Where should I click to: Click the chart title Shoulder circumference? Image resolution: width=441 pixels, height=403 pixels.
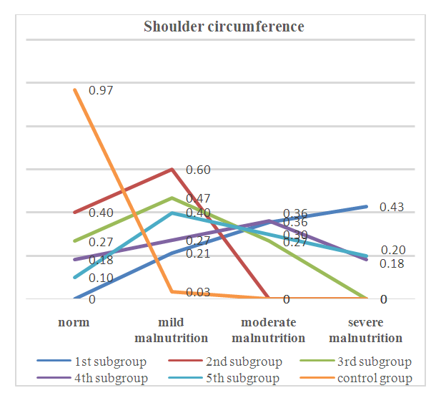(224, 27)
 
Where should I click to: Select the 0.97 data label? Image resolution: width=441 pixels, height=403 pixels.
(101, 91)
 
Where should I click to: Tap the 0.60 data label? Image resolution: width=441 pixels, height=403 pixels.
(198, 170)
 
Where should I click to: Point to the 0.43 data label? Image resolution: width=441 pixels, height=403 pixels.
(392, 208)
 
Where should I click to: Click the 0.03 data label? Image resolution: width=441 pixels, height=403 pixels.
(198, 292)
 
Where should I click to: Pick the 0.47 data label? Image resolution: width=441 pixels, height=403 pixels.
(198, 198)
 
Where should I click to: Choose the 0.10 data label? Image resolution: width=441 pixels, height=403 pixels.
(101, 278)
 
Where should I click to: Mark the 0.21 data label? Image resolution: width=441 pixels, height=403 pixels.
(198, 253)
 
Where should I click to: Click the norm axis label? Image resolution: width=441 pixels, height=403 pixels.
(74, 322)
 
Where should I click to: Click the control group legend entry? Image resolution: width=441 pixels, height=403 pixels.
(375, 378)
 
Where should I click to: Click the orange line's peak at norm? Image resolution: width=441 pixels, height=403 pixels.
(74, 89)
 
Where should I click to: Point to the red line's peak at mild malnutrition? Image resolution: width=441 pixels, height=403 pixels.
(172, 169)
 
